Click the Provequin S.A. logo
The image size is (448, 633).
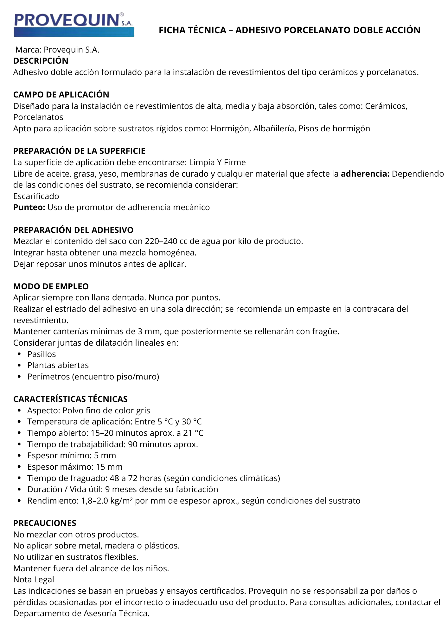tap(74, 25)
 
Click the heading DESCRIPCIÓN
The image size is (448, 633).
tap(41, 61)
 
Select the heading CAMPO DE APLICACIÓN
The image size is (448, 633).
tap(61, 95)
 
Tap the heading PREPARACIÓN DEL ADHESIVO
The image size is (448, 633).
tap(73, 230)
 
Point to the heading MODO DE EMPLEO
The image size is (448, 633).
tap(51, 286)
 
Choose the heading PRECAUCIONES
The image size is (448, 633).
tap(45, 523)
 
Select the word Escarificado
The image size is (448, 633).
tap(36, 196)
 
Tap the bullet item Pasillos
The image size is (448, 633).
tap(42, 354)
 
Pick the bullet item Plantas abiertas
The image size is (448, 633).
tap(58, 365)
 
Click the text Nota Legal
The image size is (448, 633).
tap(34, 580)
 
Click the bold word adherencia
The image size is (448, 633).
tap(365, 174)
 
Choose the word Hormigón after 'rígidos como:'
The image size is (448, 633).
tap(229, 128)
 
